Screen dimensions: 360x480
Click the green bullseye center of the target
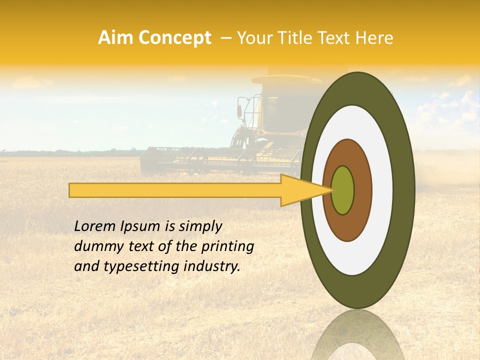pos(342,190)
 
